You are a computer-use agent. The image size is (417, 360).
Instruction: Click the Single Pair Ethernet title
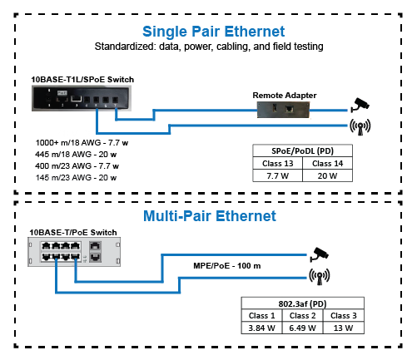click(x=213, y=32)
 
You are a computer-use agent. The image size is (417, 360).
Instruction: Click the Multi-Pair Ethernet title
click(x=210, y=216)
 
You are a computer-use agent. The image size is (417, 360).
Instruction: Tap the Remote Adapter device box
click(x=283, y=110)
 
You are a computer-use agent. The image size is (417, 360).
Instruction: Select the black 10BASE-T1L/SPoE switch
click(x=82, y=98)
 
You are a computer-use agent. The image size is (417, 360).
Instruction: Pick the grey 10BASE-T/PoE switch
click(x=74, y=252)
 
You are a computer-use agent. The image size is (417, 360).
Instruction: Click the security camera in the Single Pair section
click(x=360, y=105)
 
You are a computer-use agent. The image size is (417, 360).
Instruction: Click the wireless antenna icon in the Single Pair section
click(x=360, y=127)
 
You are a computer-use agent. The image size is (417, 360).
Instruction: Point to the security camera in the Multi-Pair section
click(x=320, y=254)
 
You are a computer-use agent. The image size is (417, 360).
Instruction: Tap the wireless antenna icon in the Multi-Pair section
click(x=320, y=276)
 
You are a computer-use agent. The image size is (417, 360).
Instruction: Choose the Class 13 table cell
click(x=277, y=163)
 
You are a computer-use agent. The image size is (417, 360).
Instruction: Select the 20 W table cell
click(x=327, y=175)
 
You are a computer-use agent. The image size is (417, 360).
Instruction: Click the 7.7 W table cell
click(x=277, y=175)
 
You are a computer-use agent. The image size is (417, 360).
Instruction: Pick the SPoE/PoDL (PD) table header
click(x=302, y=150)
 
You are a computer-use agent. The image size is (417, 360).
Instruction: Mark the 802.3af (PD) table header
click(x=302, y=303)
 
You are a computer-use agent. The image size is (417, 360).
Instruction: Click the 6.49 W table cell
click(x=302, y=328)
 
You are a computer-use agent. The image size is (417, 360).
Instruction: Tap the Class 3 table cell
click(x=344, y=315)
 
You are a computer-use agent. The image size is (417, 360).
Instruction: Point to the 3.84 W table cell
click(x=261, y=328)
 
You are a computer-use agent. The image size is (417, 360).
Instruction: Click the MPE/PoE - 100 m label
click(x=227, y=266)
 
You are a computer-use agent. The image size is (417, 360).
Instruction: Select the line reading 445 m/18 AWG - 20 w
click(x=76, y=155)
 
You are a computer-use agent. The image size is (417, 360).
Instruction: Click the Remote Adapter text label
click(x=285, y=96)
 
